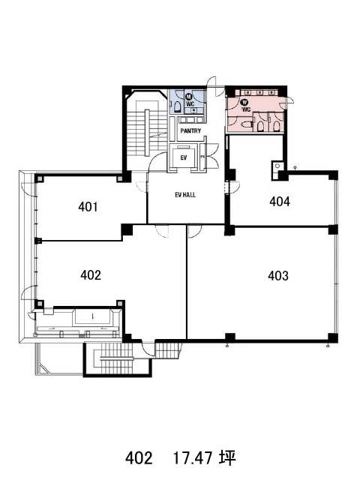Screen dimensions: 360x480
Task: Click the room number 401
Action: pos(88,207)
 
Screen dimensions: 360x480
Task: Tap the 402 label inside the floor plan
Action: pos(91,275)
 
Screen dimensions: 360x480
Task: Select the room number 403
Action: pos(278,276)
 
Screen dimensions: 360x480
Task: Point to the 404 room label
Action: pos(280,202)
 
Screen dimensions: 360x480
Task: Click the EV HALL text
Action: pos(185,195)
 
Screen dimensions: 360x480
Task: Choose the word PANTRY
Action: pos(190,130)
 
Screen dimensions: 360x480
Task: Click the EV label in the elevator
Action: pos(184,158)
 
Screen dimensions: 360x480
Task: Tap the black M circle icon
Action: pos(188,97)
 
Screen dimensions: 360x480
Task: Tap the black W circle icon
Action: pos(245,102)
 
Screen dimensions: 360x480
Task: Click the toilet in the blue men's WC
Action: pos(177,106)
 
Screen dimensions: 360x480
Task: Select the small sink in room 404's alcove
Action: pos(277,166)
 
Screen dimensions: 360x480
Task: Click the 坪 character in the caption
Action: pos(227,458)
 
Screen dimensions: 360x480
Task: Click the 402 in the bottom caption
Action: pos(139,458)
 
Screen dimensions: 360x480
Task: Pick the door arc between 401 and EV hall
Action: pos(141,187)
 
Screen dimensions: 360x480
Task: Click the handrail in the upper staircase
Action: pos(147,133)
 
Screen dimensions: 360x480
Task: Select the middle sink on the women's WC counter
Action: pos(260,92)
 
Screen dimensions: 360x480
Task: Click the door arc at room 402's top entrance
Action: pos(162,231)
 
